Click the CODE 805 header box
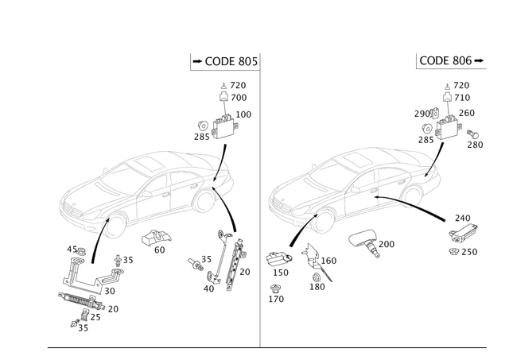(224, 61)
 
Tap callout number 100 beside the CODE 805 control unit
(244, 114)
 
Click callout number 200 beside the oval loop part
(388, 242)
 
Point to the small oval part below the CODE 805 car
(156, 236)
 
